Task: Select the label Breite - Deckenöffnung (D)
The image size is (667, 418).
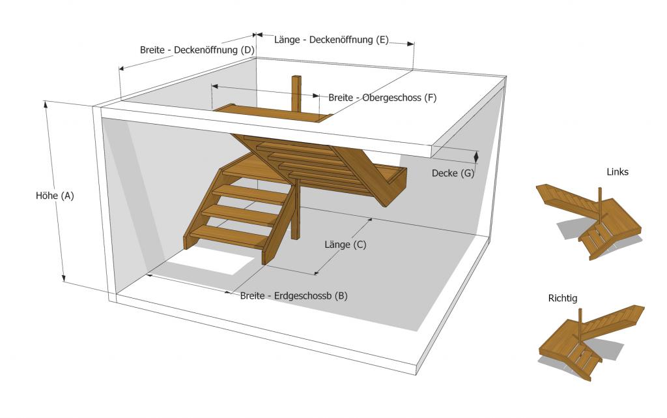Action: pyautogui.click(x=197, y=50)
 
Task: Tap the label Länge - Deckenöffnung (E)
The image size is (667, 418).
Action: pyautogui.click(x=332, y=40)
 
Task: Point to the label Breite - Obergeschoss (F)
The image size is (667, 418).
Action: pyautogui.click(x=382, y=98)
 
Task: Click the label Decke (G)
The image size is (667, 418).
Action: pyautogui.click(x=453, y=173)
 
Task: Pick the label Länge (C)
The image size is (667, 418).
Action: pyautogui.click(x=345, y=245)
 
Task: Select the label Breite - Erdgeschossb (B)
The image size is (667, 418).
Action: pyautogui.click(x=293, y=295)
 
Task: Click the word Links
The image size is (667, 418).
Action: pyautogui.click(x=617, y=172)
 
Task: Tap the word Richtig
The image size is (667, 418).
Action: pyautogui.click(x=563, y=298)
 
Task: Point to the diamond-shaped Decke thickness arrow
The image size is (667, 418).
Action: pyautogui.click(x=476, y=157)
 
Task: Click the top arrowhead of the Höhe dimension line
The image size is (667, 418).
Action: pyautogui.click(x=46, y=103)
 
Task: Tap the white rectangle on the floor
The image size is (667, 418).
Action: pyautogui.click(x=202, y=266)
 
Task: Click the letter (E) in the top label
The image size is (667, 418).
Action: pyautogui.click(x=382, y=40)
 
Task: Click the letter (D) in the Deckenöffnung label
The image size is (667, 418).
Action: pyautogui.click(x=247, y=50)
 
